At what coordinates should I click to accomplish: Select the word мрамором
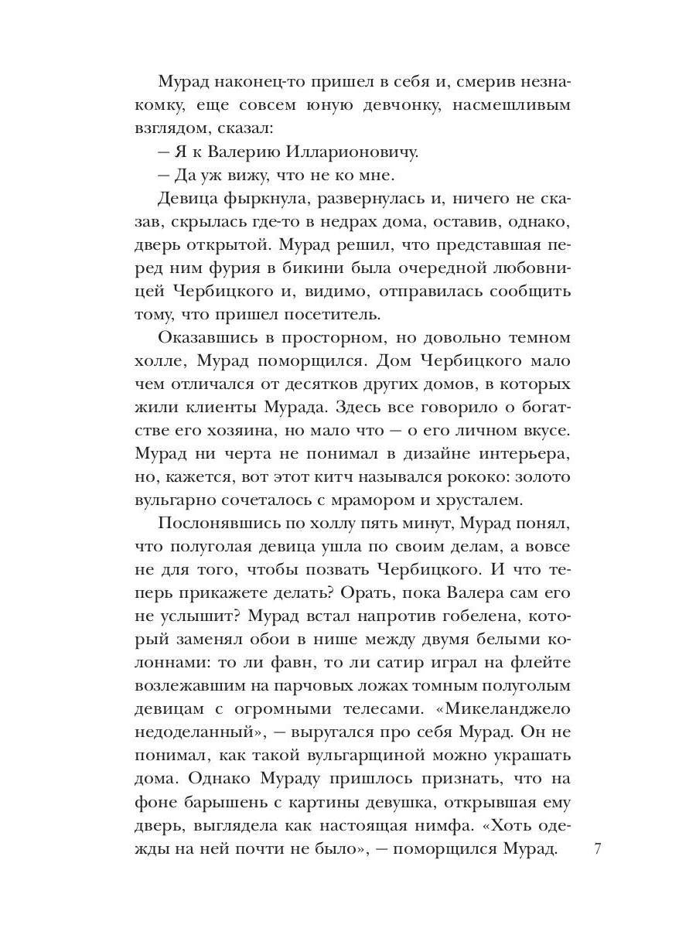[x=370, y=497]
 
